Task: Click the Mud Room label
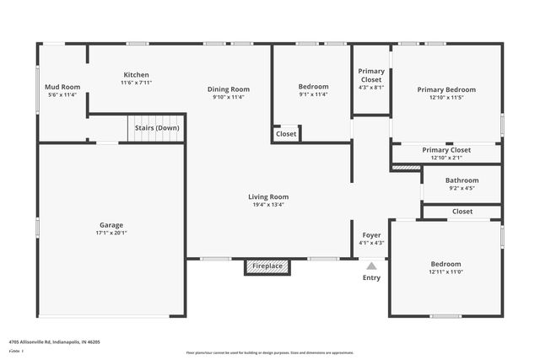pyautogui.click(x=62, y=87)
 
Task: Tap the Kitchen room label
pyautogui.click(x=136, y=74)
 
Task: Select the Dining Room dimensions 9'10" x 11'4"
pyautogui.click(x=229, y=98)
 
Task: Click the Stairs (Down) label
pyautogui.click(x=156, y=129)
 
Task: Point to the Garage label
pyautogui.click(x=111, y=225)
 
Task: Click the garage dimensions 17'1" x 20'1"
pyautogui.click(x=111, y=234)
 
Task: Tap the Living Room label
pyautogui.click(x=267, y=196)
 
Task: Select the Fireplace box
pyautogui.click(x=267, y=266)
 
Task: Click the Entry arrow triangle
pyautogui.click(x=371, y=266)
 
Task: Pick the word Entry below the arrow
pyautogui.click(x=371, y=277)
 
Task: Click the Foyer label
pyautogui.click(x=371, y=234)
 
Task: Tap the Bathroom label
pyautogui.click(x=462, y=180)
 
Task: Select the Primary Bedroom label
pyautogui.click(x=446, y=89)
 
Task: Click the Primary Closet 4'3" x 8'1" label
pyautogui.click(x=371, y=75)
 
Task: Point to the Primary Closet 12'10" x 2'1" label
pyautogui.click(x=446, y=150)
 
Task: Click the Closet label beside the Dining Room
pyautogui.click(x=286, y=134)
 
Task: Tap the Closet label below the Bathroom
pyautogui.click(x=462, y=212)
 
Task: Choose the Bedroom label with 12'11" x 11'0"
pyautogui.click(x=445, y=264)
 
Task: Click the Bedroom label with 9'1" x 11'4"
pyautogui.click(x=313, y=87)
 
